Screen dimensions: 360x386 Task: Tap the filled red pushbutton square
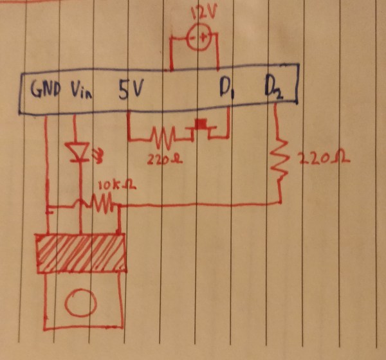(202, 123)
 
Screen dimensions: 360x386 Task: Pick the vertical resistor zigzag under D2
(279, 155)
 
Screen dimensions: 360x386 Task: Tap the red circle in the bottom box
(80, 302)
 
